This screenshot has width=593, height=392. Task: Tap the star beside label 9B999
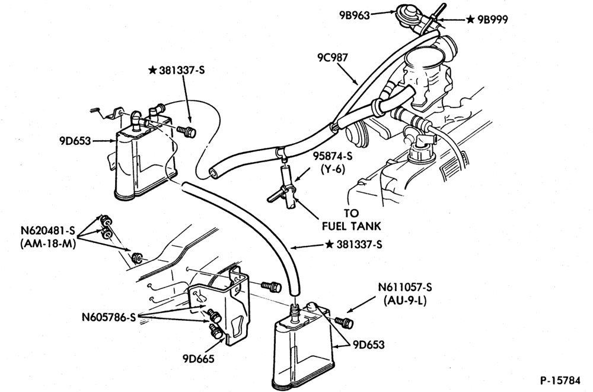470,20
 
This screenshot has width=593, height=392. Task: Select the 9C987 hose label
333,58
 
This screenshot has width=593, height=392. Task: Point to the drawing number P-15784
565,380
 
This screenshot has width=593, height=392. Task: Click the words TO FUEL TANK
351,220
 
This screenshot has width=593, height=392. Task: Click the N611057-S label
404,287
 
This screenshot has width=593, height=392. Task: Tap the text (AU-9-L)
404,301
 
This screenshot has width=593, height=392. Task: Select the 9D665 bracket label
198,358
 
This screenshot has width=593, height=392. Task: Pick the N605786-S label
109,317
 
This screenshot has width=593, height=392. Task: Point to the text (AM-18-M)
48,244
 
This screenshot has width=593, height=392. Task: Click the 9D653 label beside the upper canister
75,141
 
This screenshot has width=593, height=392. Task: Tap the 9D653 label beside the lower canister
369,345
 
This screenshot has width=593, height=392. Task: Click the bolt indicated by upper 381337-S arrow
187,131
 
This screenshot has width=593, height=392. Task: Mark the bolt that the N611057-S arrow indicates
344,322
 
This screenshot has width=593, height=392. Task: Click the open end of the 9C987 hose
213,172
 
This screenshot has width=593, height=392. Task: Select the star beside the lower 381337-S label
330,245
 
